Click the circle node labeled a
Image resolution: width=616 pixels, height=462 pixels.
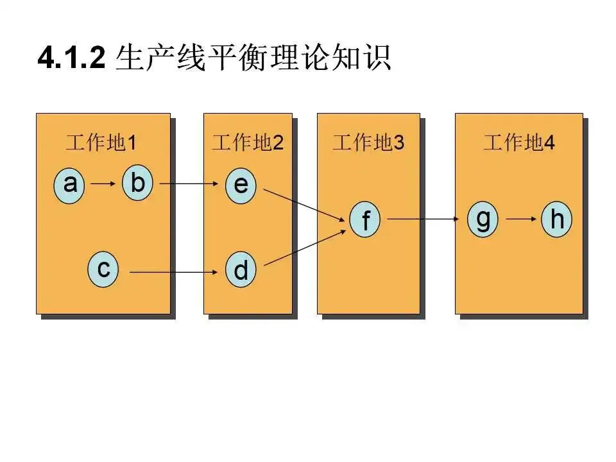click(71, 185)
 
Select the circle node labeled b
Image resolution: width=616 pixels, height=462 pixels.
click(137, 184)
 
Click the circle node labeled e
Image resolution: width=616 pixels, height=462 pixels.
click(241, 185)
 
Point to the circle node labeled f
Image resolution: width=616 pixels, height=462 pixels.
click(366, 220)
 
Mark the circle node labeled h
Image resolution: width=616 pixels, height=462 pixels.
click(557, 219)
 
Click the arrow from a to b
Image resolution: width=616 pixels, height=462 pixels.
click(103, 184)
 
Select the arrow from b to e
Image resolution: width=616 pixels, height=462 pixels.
click(190, 184)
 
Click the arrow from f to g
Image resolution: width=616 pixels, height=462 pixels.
click(424, 219)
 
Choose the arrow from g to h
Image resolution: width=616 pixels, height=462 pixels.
click(520, 219)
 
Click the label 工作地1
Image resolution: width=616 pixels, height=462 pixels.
click(101, 143)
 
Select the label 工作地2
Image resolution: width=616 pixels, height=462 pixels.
click(248, 143)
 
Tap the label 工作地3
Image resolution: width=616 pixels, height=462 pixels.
click(368, 143)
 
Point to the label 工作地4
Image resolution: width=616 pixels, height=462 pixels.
click(519, 143)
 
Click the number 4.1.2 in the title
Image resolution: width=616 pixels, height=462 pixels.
click(71, 59)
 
